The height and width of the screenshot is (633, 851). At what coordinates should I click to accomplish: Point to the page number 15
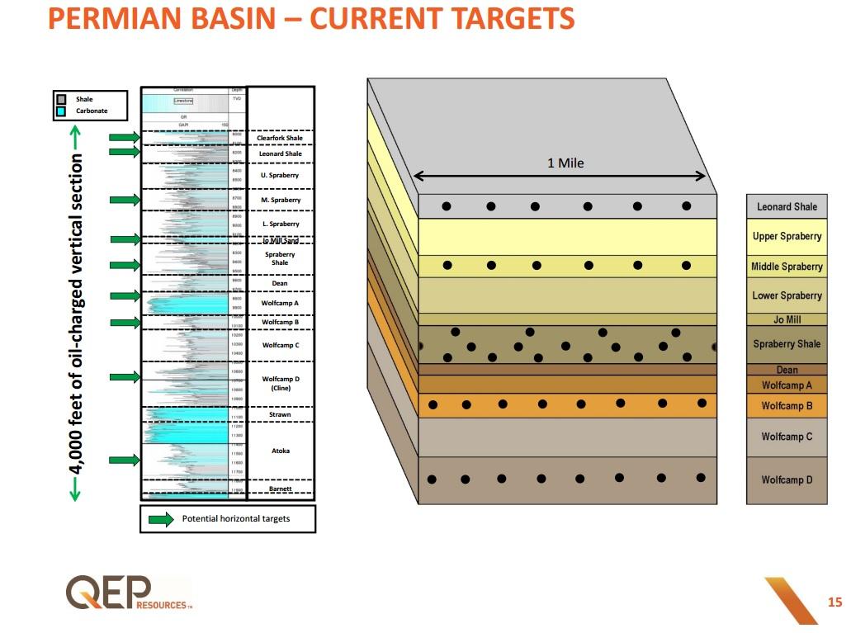tap(834, 602)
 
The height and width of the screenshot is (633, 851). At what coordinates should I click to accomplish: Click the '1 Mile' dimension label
tap(565, 163)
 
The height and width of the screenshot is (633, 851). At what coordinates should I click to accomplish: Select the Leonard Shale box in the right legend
tap(787, 206)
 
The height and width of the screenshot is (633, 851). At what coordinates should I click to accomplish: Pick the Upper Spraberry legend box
tap(787, 236)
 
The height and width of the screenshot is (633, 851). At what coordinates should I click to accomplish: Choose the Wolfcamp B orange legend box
tap(787, 406)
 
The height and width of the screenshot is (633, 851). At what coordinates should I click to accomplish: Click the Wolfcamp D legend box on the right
tap(787, 479)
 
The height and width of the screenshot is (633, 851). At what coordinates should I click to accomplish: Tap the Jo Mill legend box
tap(787, 319)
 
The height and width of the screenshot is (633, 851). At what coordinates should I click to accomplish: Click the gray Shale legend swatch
tap(61, 99)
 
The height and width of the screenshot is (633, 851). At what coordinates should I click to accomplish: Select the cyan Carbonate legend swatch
tap(61, 111)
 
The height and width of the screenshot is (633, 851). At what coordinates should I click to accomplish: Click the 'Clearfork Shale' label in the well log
tap(280, 138)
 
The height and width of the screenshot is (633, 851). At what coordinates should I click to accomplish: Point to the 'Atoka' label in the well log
tap(280, 451)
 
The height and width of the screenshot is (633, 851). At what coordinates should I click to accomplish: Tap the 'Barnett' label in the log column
tap(280, 489)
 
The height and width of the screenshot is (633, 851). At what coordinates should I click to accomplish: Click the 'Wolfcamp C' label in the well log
tap(280, 345)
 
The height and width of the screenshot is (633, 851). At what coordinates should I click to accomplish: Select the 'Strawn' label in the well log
tap(280, 414)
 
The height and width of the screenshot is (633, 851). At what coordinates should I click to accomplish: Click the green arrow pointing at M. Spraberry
tap(125, 200)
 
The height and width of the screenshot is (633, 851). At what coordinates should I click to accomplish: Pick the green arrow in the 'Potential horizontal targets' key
tap(161, 519)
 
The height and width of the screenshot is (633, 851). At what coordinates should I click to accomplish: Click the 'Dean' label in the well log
tap(280, 283)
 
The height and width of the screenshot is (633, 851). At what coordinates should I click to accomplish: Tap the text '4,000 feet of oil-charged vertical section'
tap(76, 314)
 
